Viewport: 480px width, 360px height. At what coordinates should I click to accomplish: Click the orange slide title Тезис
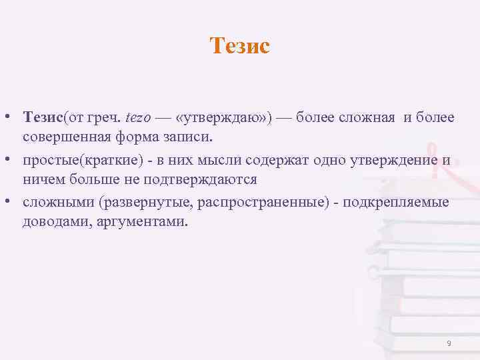(x=239, y=46)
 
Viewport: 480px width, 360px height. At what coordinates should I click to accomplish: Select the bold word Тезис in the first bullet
(x=42, y=118)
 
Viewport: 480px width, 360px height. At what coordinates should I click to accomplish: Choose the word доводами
(x=51, y=222)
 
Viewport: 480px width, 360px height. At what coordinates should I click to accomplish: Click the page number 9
(x=449, y=343)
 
